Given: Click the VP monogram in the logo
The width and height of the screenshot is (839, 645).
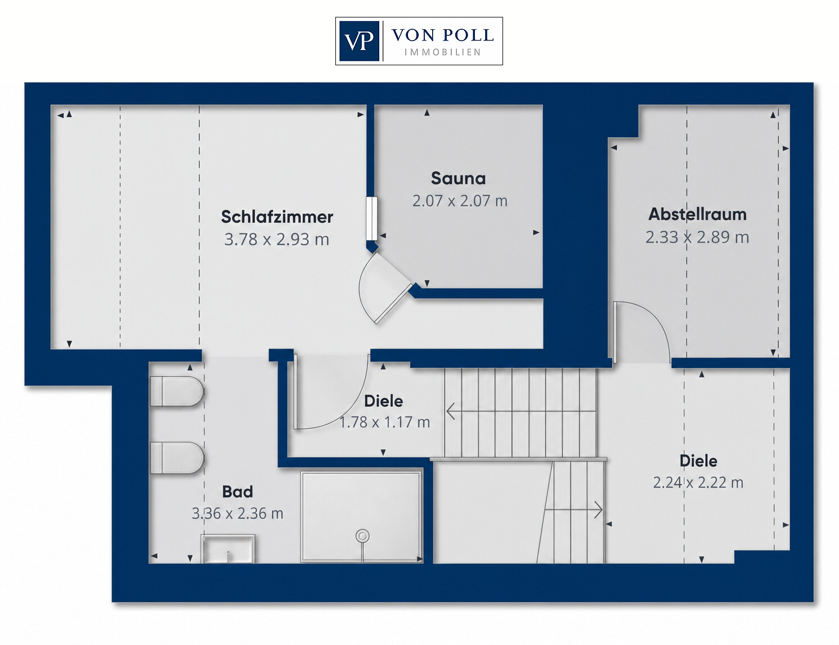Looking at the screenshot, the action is pyautogui.click(x=359, y=41).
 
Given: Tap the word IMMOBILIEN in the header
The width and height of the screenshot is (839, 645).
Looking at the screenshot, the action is pyautogui.click(x=443, y=52).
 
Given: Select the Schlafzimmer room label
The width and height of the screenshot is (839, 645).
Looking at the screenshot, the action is pyautogui.click(x=277, y=217).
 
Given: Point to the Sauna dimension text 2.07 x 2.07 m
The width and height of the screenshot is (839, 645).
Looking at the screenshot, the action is pyautogui.click(x=460, y=201).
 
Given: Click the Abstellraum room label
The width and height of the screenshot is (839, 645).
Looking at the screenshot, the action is pyautogui.click(x=697, y=214).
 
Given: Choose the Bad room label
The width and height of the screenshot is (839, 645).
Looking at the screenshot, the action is pyautogui.click(x=237, y=492).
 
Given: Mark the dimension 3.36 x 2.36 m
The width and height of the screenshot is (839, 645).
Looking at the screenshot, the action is pyautogui.click(x=237, y=513).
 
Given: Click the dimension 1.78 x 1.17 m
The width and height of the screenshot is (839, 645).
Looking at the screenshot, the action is pyautogui.click(x=384, y=422).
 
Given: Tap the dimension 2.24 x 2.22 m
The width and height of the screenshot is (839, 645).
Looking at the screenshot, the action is pyautogui.click(x=698, y=482).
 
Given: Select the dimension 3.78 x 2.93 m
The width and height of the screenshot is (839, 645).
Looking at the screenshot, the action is pyautogui.click(x=277, y=239).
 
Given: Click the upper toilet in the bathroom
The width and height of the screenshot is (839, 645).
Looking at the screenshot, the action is pyautogui.click(x=177, y=391).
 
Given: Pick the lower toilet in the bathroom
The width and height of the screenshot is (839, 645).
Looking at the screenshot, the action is pyautogui.click(x=177, y=458).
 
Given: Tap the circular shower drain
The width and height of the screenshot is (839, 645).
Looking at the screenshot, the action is pyautogui.click(x=362, y=536).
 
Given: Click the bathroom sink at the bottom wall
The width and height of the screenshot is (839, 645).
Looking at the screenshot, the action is pyautogui.click(x=228, y=549).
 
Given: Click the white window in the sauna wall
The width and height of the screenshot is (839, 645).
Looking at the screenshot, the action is pyautogui.click(x=371, y=218).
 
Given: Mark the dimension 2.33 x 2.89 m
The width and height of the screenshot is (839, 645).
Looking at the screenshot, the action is pyautogui.click(x=697, y=237).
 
